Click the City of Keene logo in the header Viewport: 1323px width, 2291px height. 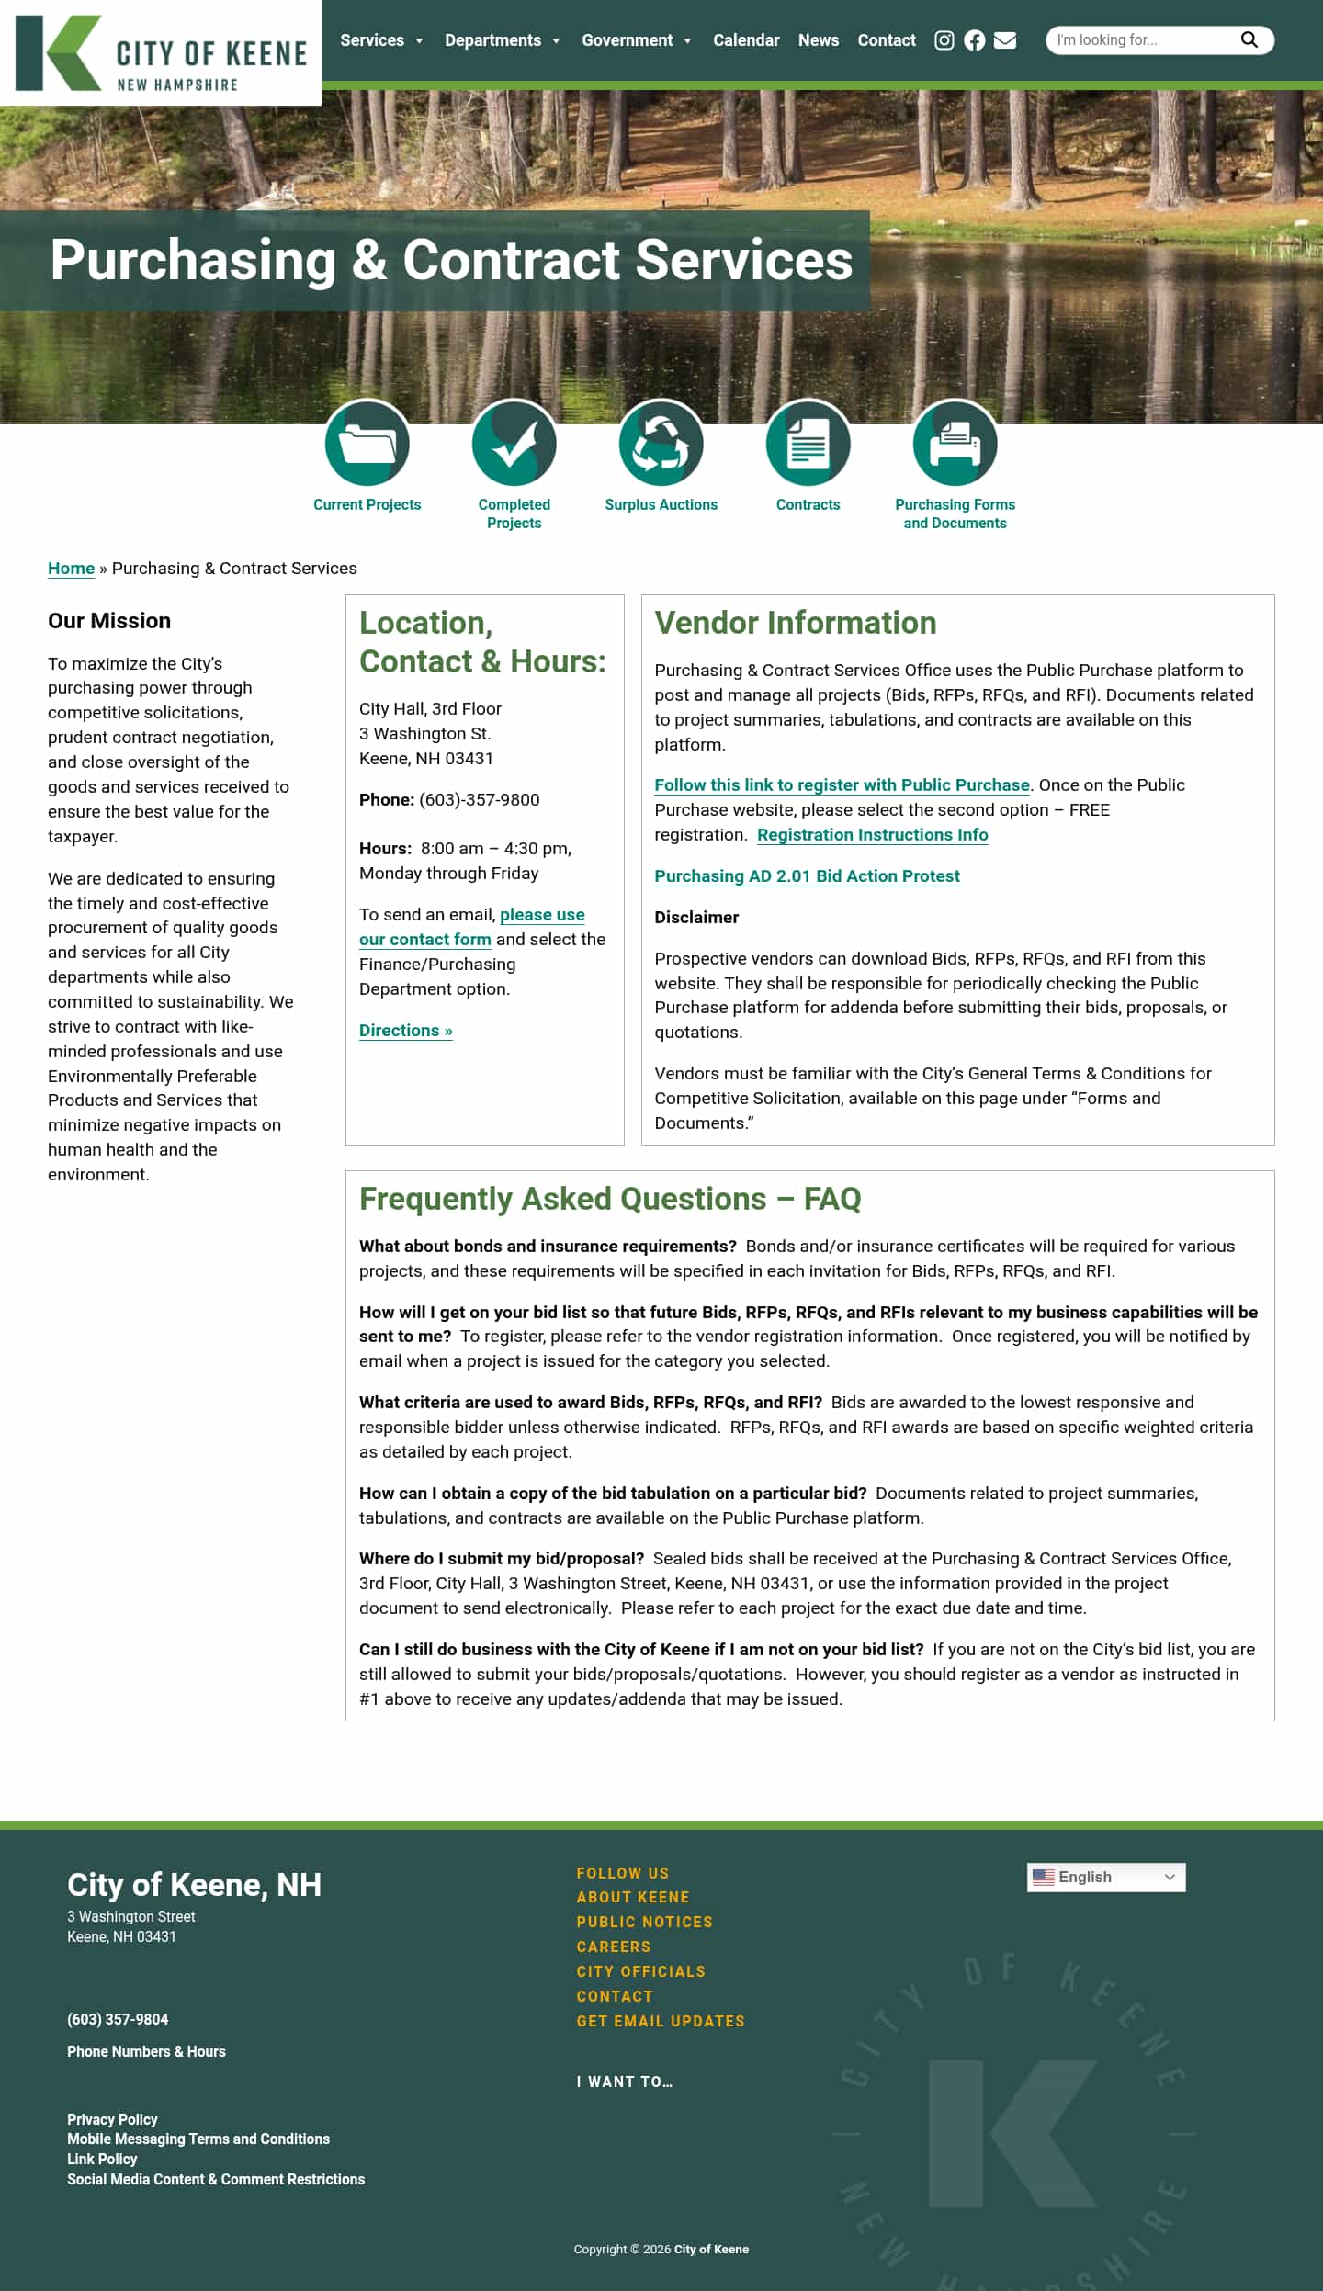coord(161,53)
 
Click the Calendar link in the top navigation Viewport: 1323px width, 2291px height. coord(745,40)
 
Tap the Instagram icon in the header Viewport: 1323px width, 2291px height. coord(944,40)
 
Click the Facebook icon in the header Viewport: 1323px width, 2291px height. coord(974,40)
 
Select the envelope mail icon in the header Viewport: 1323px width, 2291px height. coord(1005,40)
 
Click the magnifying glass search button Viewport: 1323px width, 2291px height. coord(1249,39)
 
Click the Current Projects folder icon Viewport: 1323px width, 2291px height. coord(367,444)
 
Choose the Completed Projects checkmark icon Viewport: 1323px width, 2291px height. coord(514,444)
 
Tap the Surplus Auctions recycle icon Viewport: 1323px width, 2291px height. coord(661,444)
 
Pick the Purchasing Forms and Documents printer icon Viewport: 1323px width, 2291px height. coord(955,444)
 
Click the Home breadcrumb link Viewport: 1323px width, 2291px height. coord(71,569)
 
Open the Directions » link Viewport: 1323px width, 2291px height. coord(405,1031)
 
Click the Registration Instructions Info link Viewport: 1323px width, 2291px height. coord(872,835)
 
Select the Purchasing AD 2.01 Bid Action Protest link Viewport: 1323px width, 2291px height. coord(807,876)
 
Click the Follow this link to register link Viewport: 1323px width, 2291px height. coord(842,785)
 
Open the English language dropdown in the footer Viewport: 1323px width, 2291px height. coord(1105,1878)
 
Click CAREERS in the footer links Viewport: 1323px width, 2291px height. coord(613,1947)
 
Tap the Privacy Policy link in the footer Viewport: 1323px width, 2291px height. coord(112,2119)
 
